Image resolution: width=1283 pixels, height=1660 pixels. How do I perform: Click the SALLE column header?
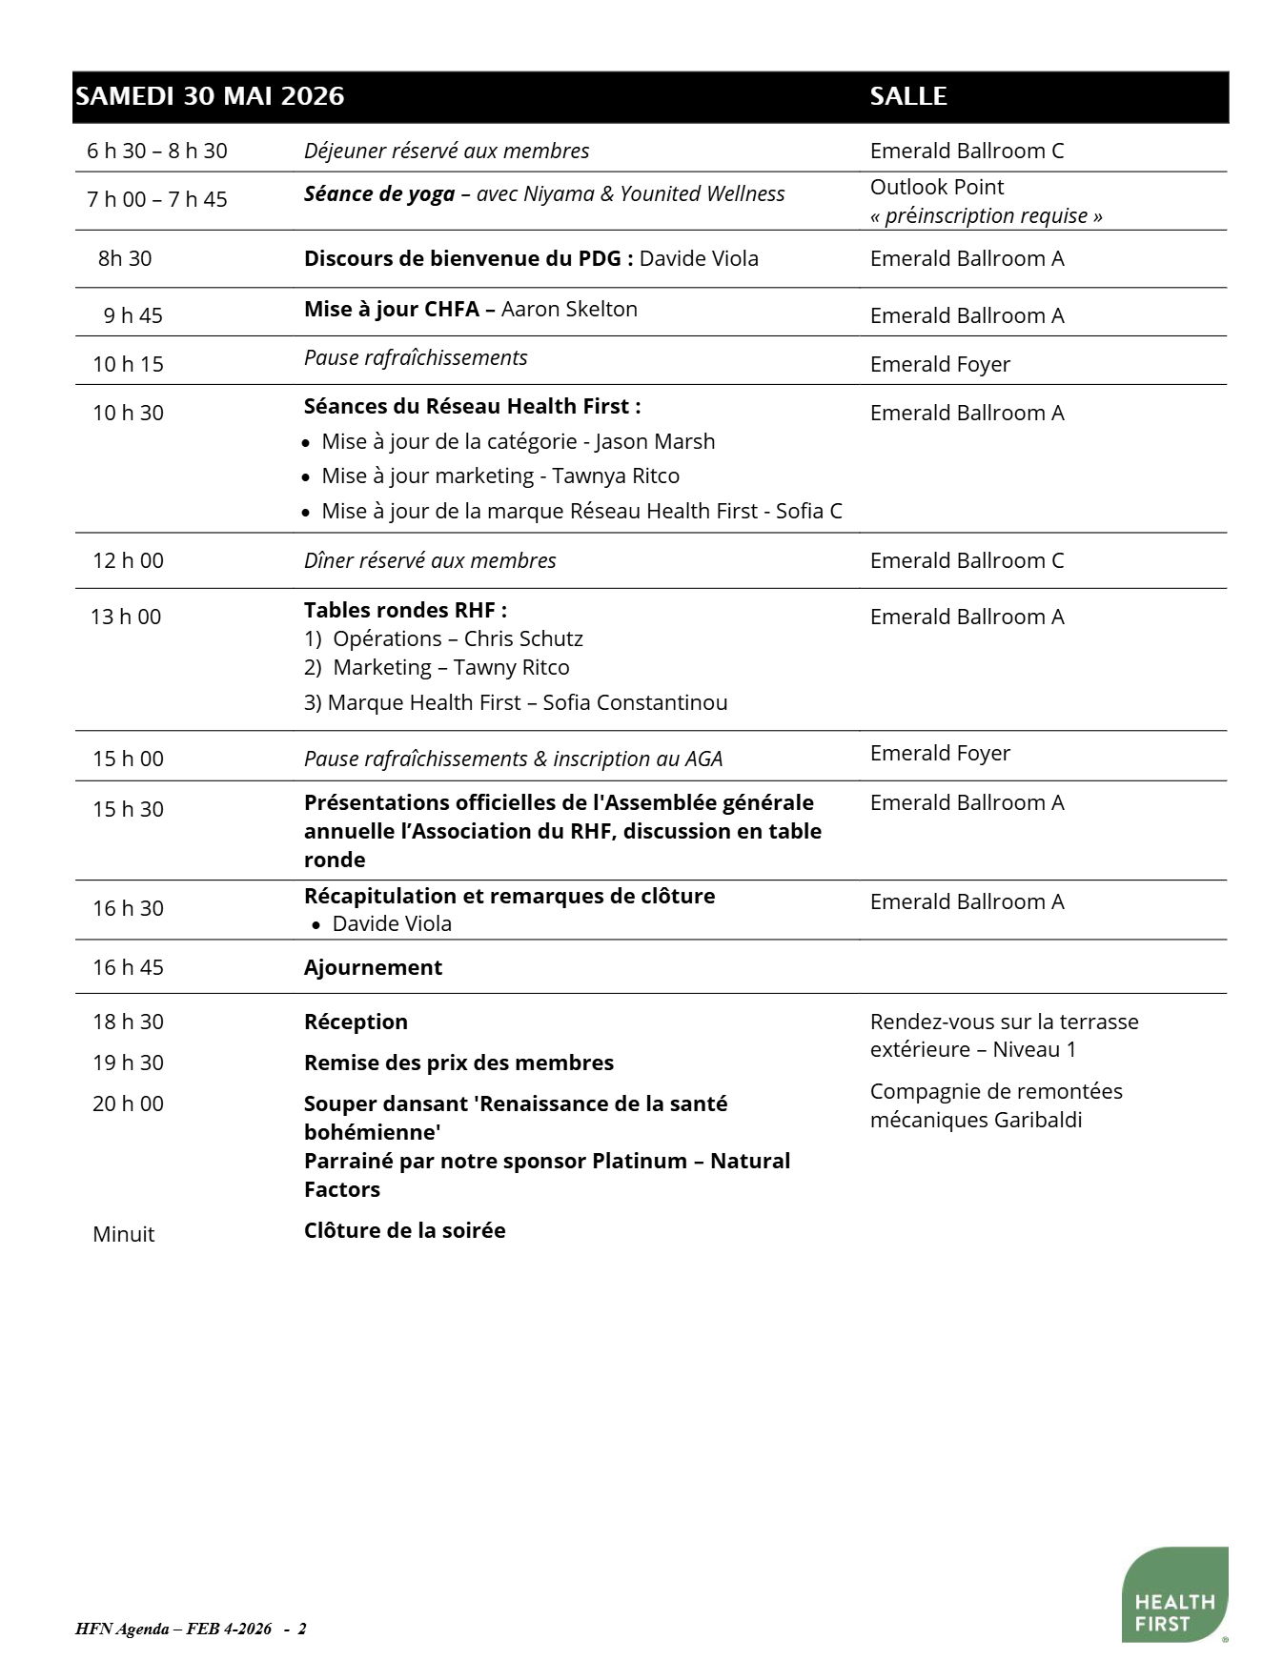click(x=907, y=96)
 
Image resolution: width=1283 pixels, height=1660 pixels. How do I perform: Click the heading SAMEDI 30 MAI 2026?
click(x=210, y=96)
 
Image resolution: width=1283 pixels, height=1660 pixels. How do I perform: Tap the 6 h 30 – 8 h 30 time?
click(x=157, y=151)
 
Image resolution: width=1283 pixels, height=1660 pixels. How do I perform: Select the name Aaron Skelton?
click(x=569, y=309)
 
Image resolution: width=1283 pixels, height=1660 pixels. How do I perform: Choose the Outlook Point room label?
click(x=936, y=187)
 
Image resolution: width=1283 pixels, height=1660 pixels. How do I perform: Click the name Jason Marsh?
click(x=655, y=441)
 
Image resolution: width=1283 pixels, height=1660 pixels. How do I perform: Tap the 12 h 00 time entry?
click(x=128, y=560)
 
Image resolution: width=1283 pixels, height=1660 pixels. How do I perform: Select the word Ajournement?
click(x=373, y=967)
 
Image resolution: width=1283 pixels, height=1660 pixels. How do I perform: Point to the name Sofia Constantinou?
click(x=635, y=702)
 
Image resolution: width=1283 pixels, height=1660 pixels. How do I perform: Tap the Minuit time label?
click(x=123, y=1234)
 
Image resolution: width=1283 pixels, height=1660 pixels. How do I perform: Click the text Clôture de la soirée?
click(x=404, y=1230)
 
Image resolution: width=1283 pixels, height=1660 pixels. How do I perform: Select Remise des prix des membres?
click(x=458, y=1063)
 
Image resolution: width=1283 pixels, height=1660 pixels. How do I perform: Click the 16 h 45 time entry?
click(x=128, y=967)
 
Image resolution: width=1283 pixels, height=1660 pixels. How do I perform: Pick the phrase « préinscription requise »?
click(x=986, y=215)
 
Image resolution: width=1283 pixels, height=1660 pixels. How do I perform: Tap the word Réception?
click(x=356, y=1022)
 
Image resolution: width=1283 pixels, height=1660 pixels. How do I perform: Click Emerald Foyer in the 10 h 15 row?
click(x=940, y=364)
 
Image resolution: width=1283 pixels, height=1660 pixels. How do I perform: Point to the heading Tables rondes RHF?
click(x=405, y=610)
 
